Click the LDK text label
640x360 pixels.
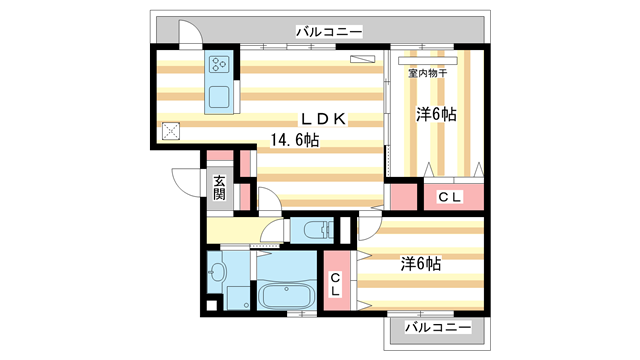[324, 119]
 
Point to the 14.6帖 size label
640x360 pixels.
[292, 142]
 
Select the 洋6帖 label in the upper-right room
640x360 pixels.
[436, 115]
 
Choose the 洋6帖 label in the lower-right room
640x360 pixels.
[421, 264]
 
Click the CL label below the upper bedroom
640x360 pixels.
[450, 197]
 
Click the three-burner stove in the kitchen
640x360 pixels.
[219, 67]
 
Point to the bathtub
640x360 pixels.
[284, 298]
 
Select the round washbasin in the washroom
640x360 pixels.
[217, 270]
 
